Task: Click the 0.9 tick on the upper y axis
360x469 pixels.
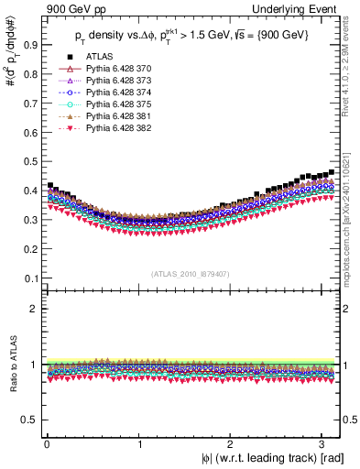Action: click(30, 42)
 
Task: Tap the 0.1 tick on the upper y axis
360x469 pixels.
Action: click(30, 278)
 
